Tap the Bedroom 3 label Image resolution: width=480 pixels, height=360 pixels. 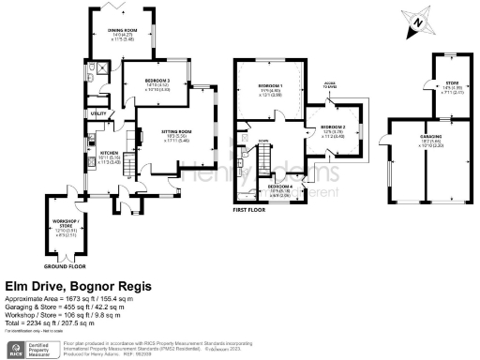click(x=157, y=82)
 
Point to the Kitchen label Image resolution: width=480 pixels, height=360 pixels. click(x=110, y=151)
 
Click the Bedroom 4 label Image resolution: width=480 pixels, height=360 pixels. click(x=280, y=187)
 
